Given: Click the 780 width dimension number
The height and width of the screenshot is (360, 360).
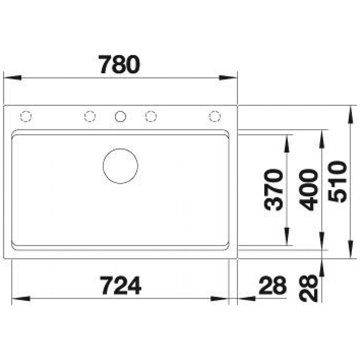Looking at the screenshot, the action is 120,64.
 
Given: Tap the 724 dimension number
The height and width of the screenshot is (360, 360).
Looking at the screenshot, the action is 121,285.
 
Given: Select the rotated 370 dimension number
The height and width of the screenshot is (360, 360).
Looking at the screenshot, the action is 273,190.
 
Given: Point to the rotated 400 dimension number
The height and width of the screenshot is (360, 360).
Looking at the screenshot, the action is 309,190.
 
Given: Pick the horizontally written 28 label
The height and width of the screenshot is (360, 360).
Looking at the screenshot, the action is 273,285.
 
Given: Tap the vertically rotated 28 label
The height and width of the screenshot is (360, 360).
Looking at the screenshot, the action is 309,288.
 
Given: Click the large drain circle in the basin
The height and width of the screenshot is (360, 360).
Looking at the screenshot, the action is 120,149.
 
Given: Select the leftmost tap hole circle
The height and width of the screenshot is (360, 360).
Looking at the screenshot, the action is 26,111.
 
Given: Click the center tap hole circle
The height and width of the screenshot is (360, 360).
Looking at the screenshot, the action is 120,111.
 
